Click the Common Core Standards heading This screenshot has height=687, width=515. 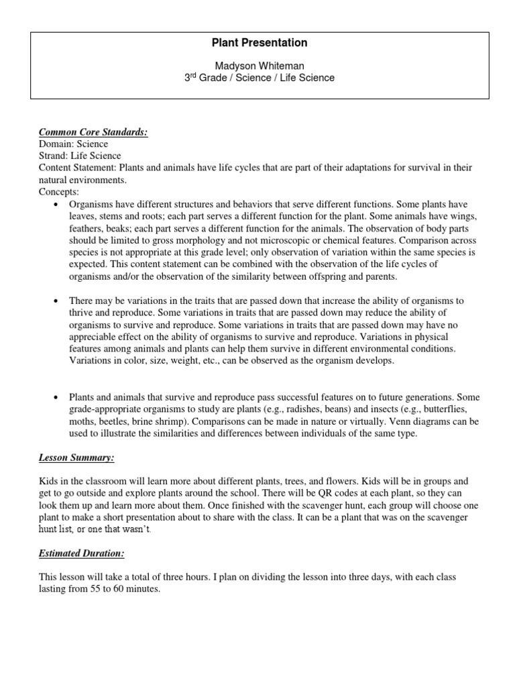(93, 133)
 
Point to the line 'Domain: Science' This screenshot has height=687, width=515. (73, 144)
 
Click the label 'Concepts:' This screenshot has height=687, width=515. (59, 192)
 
